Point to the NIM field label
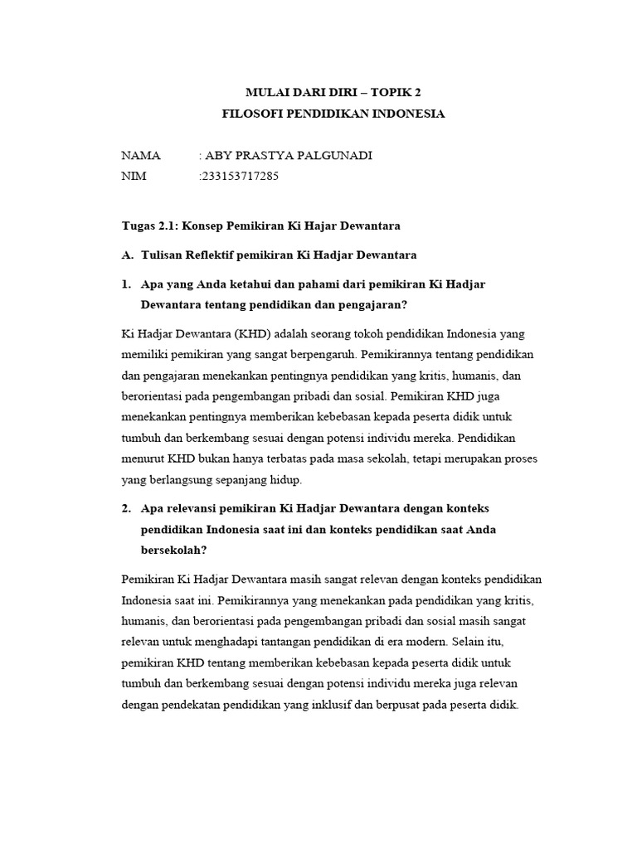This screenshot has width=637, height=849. pos(135,176)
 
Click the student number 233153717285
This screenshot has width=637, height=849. pos(241,176)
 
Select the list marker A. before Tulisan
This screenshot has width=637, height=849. pos(127,254)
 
